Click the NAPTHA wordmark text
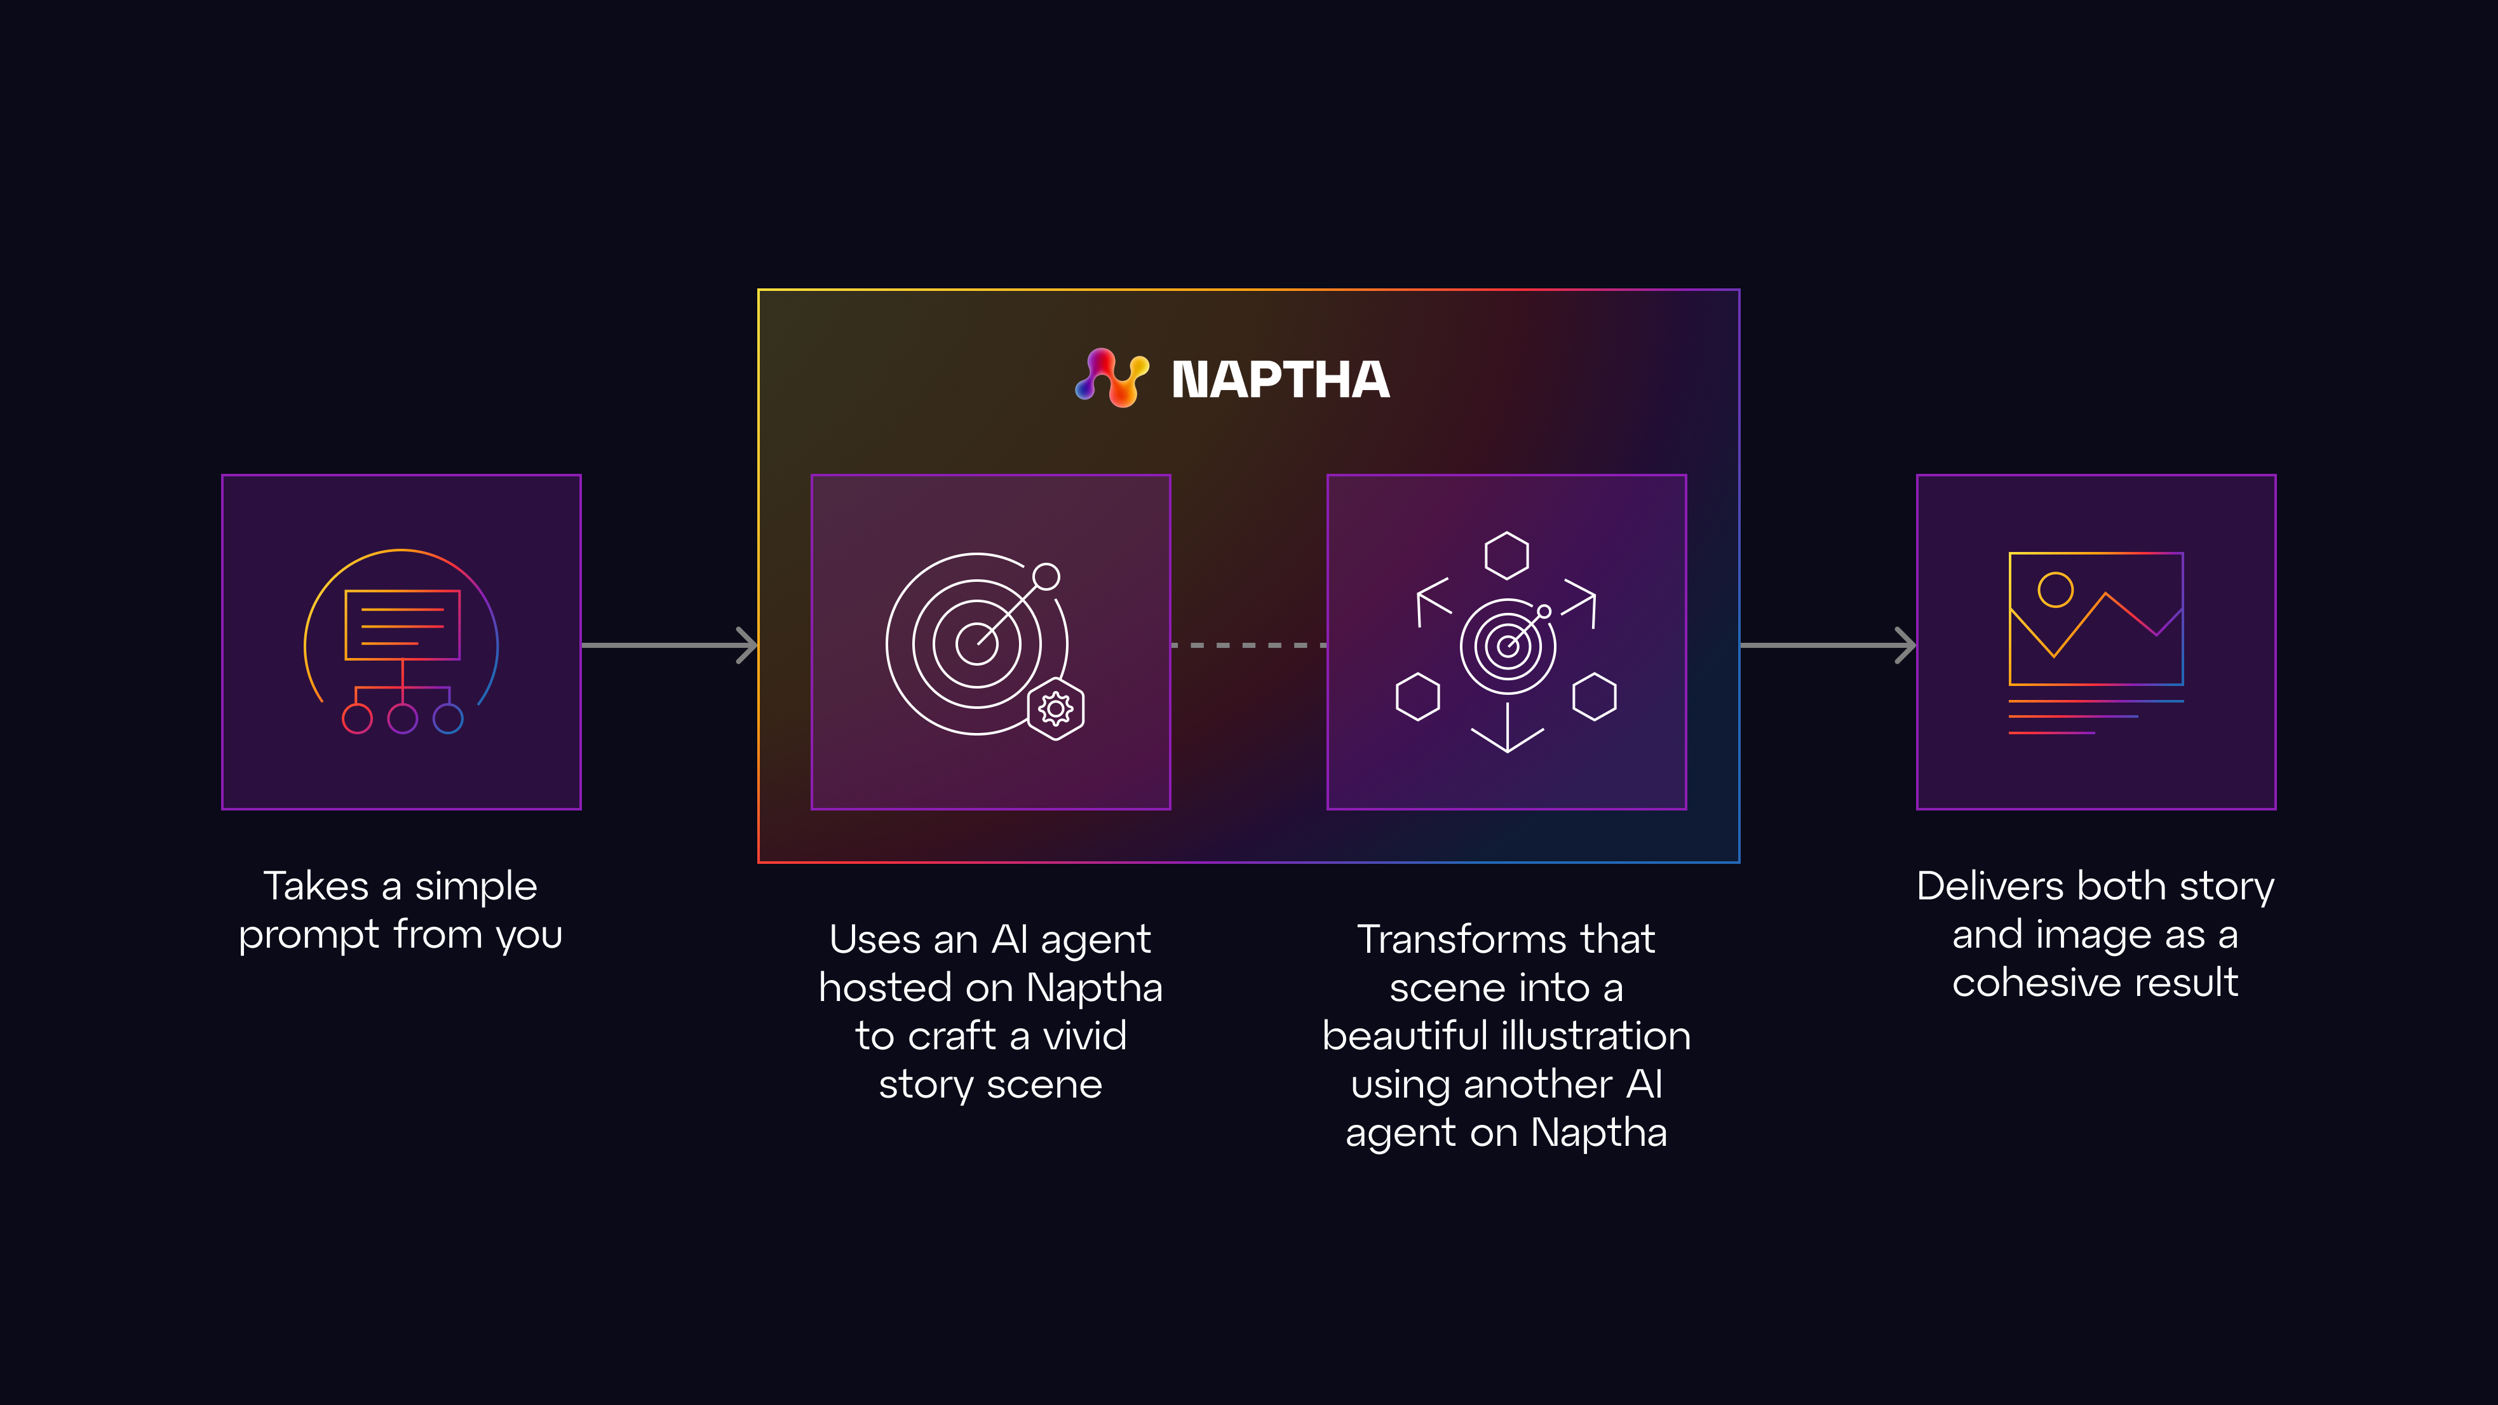tap(1280, 379)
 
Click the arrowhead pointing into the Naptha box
tap(748, 645)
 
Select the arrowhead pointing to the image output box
tap(1907, 645)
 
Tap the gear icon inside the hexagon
tap(1056, 709)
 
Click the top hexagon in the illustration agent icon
tap(1507, 556)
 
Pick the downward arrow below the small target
tap(1507, 732)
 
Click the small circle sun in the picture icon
tap(2055, 589)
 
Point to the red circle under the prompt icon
tap(357, 718)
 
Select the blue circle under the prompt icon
tap(448, 718)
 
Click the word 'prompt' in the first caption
tap(308, 936)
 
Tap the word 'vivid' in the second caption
tap(1084, 1035)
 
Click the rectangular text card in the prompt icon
tap(402, 624)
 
